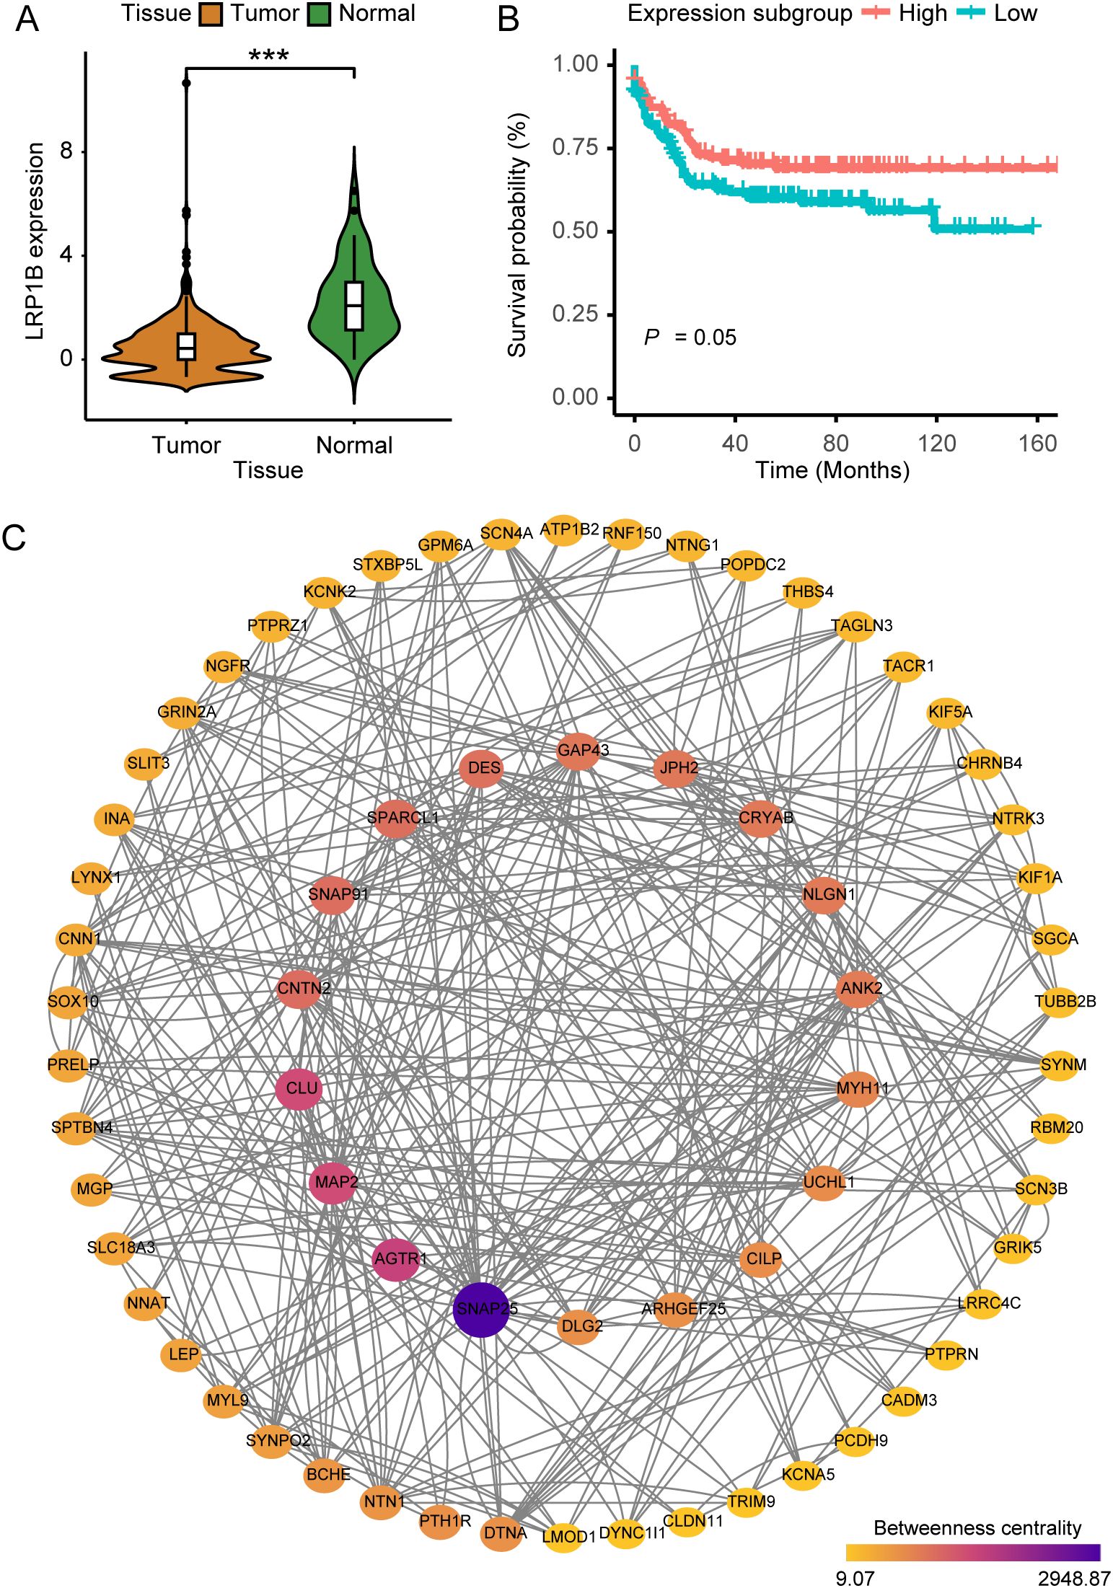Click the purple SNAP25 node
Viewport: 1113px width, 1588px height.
click(x=481, y=1309)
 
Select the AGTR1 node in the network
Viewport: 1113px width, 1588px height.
click(x=395, y=1259)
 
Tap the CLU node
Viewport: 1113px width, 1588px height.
click(x=299, y=1088)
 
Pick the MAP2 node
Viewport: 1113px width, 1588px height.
click(x=333, y=1182)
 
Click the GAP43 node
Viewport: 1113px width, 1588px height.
click(x=578, y=751)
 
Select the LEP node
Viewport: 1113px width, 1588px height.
click(x=181, y=1354)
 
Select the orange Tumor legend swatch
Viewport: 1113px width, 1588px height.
click(x=210, y=14)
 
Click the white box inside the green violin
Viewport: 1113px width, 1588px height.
click(x=353, y=305)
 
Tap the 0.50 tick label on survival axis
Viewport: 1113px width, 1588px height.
click(x=575, y=231)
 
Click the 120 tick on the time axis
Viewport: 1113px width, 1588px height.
click(x=936, y=443)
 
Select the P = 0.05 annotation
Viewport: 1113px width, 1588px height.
click(x=690, y=338)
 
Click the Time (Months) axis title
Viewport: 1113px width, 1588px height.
click(x=832, y=470)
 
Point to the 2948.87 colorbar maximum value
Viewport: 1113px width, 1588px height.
click(x=1073, y=1579)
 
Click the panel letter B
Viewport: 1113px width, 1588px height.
click(x=509, y=19)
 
